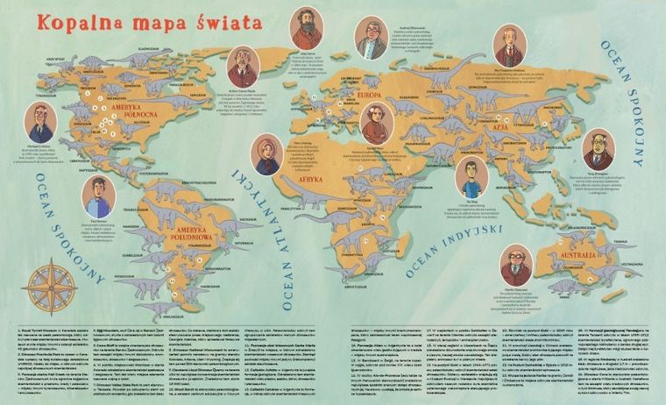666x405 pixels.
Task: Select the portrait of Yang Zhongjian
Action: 599,149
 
